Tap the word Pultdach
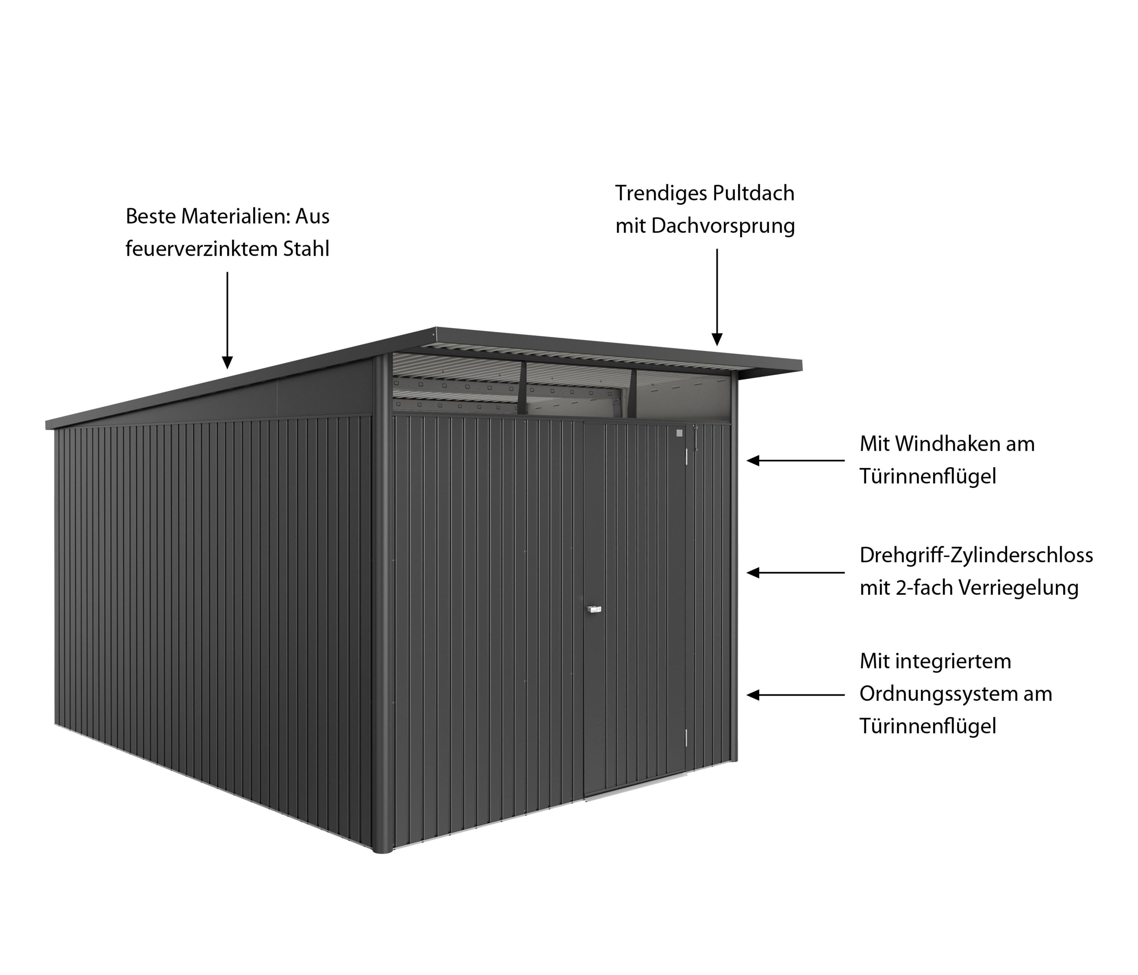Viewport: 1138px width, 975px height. coord(754,193)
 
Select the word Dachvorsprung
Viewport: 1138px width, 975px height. coord(723,226)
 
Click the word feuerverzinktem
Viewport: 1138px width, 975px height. coord(201,249)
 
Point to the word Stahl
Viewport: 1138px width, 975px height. coord(306,249)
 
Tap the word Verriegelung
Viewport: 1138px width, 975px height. coord(1019,588)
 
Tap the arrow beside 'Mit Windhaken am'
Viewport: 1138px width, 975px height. coord(796,461)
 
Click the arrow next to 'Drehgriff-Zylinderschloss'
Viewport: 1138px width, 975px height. coord(796,573)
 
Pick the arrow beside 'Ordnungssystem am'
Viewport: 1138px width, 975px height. coord(796,695)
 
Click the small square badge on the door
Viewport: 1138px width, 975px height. coord(679,433)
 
